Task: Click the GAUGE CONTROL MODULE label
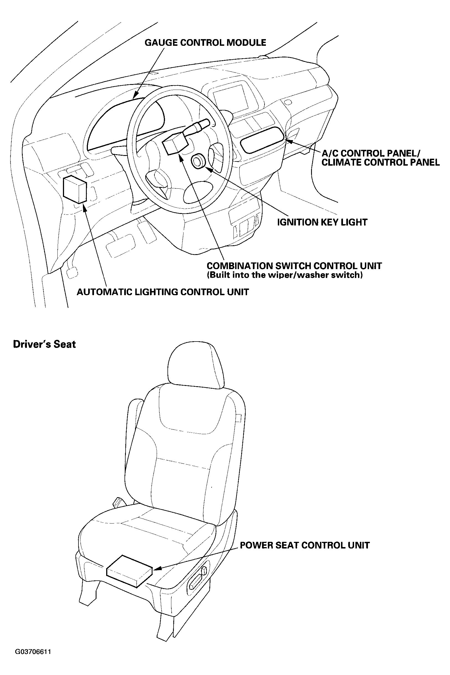click(x=205, y=43)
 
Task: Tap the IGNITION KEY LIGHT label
click(x=322, y=222)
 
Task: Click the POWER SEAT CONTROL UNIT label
click(x=304, y=545)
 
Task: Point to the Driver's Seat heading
click(x=44, y=344)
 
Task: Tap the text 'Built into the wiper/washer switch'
click(x=285, y=275)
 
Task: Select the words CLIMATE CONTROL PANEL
click(x=381, y=163)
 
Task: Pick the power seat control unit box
click(x=129, y=571)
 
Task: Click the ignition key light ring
click(x=198, y=161)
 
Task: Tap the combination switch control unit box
click(x=175, y=143)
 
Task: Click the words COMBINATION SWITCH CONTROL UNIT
click(x=294, y=266)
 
